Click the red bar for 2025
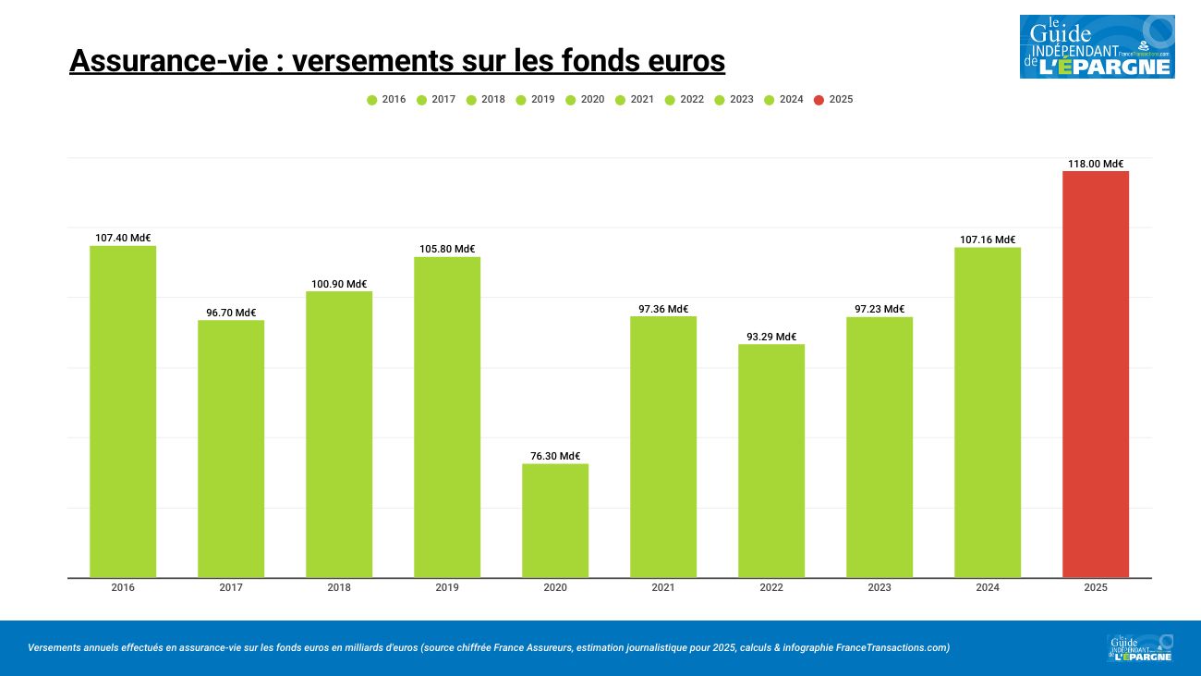pos(1095,375)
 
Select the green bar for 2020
pos(555,521)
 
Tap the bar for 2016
pos(123,412)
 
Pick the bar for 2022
pos(771,461)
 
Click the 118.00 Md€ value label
pos(1096,164)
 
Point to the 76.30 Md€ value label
pos(555,456)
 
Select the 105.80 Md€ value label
pos(447,249)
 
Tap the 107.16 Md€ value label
pos(988,240)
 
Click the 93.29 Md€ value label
pos(771,337)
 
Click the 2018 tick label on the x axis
pos(339,587)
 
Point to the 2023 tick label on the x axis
pos(880,587)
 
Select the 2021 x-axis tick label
pos(663,587)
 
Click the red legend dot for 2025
pos(819,100)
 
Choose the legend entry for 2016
pos(386,100)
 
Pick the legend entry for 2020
pos(585,100)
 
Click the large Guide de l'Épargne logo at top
pos(1097,46)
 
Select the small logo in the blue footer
pos(1140,647)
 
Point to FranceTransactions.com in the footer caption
pos(892,647)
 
